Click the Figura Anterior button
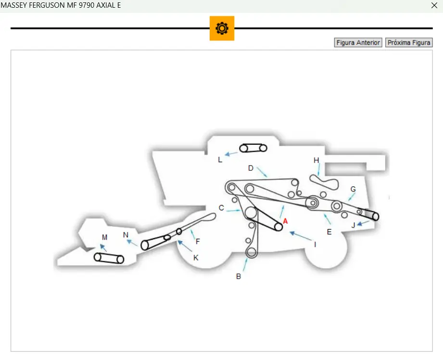(x=358, y=43)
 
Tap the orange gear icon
(x=222, y=28)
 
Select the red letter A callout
(x=285, y=221)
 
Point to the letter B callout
(x=238, y=276)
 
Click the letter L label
(x=220, y=160)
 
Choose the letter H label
(x=316, y=160)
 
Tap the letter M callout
(x=104, y=237)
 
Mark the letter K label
(x=196, y=257)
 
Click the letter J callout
(x=353, y=225)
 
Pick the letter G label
(x=353, y=190)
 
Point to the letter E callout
(x=329, y=231)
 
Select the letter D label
(x=251, y=168)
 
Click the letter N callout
(x=126, y=235)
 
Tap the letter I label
(x=315, y=244)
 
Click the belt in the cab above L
(x=253, y=148)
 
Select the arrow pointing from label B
(x=246, y=264)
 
